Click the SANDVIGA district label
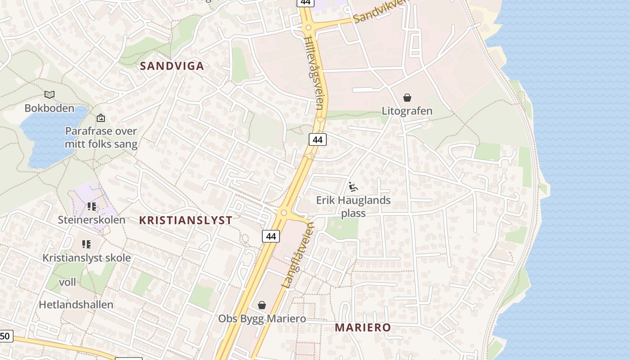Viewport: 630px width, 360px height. (x=172, y=66)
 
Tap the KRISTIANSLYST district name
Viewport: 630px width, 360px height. (x=185, y=220)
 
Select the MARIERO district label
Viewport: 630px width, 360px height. (x=363, y=327)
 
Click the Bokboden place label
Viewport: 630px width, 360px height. (x=49, y=108)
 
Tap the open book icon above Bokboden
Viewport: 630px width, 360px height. (x=49, y=94)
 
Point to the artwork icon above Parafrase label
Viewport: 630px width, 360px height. (x=101, y=118)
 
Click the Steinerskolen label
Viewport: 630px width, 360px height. (x=91, y=220)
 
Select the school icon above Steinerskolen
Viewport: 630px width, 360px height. (x=92, y=207)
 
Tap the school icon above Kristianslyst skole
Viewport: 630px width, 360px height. (x=86, y=244)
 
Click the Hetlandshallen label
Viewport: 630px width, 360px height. (x=76, y=304)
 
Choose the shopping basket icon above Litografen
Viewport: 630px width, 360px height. (x=407, y=98)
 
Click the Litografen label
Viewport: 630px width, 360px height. (x=407, y=111)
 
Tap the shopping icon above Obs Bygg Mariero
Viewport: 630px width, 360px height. (x=262, y=306)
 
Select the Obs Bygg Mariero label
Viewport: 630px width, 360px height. (x=262, y=319)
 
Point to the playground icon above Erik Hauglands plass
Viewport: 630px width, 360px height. (x=353, y=187)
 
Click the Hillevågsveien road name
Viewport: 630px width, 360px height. (x=314, y=72)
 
